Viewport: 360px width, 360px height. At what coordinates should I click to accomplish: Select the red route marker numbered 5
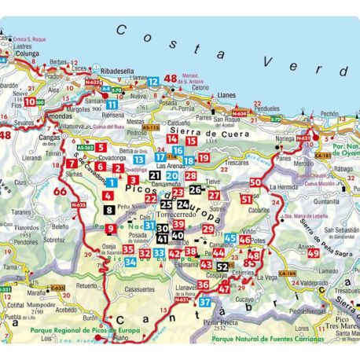tap(101, 148)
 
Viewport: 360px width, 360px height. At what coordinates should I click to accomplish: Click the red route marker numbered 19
tap(203, 158)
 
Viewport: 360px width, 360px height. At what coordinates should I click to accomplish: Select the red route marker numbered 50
tap(255, 182)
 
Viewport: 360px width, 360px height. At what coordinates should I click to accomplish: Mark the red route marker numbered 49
tap(314, 252)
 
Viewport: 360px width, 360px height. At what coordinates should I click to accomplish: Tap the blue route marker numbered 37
tap(205, 301)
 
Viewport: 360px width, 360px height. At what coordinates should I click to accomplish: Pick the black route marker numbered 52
tap(222, 266)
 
